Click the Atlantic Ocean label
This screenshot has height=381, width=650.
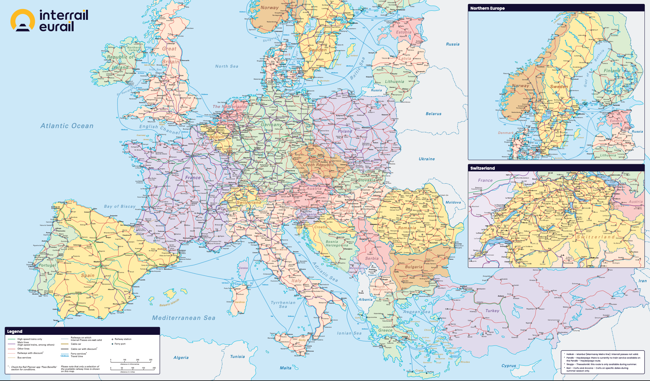point(67,126)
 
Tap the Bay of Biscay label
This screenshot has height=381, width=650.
point(120,206)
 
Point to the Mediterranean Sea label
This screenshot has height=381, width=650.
point(184,318)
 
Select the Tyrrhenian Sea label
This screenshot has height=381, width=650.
point(283,304)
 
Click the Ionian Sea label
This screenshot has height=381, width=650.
point(349,333)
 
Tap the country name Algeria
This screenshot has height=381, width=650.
point(181,357)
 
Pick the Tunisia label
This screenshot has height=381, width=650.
point(237,356)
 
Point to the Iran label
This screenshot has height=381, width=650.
point(643,281)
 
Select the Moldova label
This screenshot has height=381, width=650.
point(453,202)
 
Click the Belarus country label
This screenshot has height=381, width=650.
point(433,114)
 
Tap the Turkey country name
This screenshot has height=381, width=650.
point(492,311)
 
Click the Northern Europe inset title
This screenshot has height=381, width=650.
point(487,8)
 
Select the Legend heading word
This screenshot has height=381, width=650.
point(15,331)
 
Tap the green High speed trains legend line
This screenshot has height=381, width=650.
point(11,339)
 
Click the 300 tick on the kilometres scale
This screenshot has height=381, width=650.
point(150,360)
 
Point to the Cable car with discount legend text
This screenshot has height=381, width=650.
point(84,349)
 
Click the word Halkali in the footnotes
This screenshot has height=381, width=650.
point(570,354)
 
